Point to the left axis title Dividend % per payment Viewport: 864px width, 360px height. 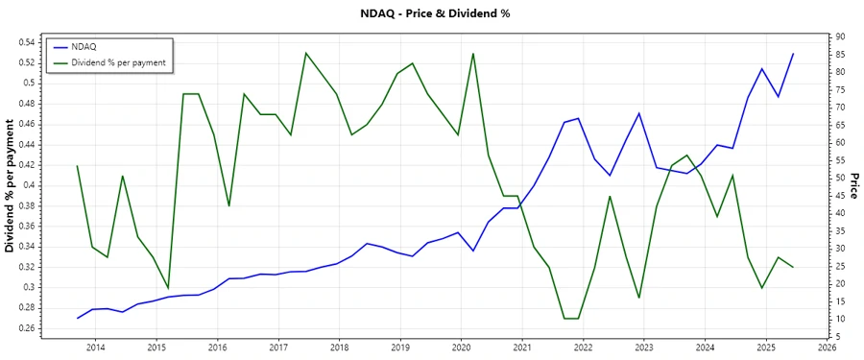[10, 186]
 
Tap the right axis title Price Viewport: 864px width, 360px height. [853, 186]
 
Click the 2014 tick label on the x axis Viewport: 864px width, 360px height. [96, 347]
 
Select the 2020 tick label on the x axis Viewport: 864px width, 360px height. [461, 347]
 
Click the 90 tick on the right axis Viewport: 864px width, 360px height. [838, 36]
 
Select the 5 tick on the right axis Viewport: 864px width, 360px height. [836, 336]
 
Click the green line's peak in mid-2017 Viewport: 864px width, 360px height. [305, 53]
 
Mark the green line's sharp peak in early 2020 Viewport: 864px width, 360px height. [473, 53]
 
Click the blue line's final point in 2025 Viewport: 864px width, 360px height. [793, 54]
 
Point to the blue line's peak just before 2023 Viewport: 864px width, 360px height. [638, 113]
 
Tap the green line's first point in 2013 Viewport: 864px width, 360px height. [78, 166]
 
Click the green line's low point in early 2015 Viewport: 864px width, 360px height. [168, 288]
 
